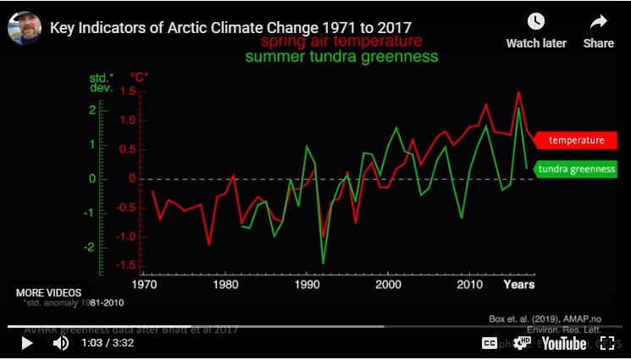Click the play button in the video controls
[26, 343]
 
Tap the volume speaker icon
[61, 343]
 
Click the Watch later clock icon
[536, 22]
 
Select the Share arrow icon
[599, 22]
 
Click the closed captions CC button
[489, 343]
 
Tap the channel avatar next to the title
[25, 27]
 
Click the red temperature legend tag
[576, 140]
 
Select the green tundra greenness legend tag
[576, 169]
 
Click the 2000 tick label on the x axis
[387, 285]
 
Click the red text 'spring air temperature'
[341, 42]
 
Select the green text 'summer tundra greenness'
[341, 57]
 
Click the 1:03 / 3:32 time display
[108, 343]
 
